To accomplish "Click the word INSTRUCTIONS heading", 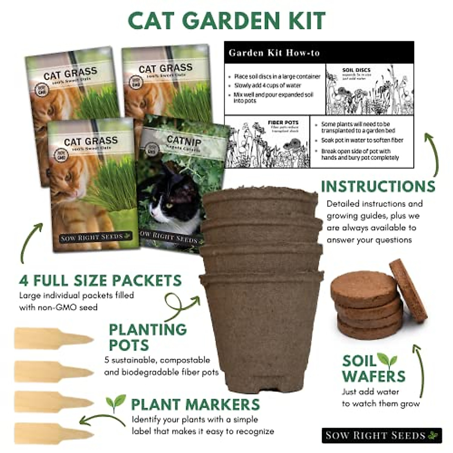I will tap(378, 186).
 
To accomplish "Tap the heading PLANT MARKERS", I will tap(195, 404).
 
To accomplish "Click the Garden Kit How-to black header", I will tap(319, 52).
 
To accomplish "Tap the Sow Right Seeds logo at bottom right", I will tap(381, 435).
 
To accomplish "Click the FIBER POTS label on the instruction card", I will tap(283, 123).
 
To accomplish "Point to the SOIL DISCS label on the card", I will tap(356, 70).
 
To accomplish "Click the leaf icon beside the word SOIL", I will tap(387, 360).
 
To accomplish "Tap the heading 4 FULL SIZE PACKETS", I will tap(100, 280).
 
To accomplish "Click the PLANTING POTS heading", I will tap(147, 337).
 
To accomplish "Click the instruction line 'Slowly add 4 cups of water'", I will tap(267, 86).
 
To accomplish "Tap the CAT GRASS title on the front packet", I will tap(91, 141).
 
